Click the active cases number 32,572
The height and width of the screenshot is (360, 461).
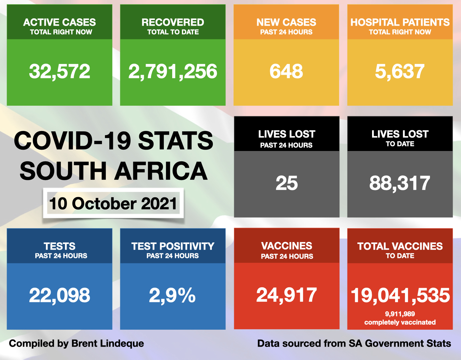point(60,72)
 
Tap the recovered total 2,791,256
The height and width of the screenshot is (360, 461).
point(173,72)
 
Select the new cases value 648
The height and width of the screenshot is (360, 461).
point(286,72)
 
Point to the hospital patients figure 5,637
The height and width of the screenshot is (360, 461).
point(400,72)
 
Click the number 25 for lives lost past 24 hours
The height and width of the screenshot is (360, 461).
point(286,183)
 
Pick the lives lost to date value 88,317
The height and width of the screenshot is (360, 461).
point(400,183)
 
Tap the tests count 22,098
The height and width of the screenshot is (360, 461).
point(60,296)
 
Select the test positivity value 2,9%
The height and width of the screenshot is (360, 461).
point(172,296)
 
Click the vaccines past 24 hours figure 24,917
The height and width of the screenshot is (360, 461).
point(286,295)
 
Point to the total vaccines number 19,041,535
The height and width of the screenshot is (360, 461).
point(400,296)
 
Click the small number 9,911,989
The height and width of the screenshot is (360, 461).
point(400,314)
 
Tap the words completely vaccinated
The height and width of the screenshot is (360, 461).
point(400,322)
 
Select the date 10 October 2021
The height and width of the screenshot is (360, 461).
point(113,204)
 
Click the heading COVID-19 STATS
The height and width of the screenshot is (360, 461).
point(113,141)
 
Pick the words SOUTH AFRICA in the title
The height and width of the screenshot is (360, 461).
point(113,171)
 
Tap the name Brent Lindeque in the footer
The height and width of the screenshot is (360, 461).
point(108,343)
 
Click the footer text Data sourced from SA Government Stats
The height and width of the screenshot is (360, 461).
point(354,343)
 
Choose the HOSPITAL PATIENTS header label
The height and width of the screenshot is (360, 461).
point(400,22)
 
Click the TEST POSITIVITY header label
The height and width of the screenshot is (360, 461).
point(173,246)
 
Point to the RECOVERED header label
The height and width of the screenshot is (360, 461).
point(173,22)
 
